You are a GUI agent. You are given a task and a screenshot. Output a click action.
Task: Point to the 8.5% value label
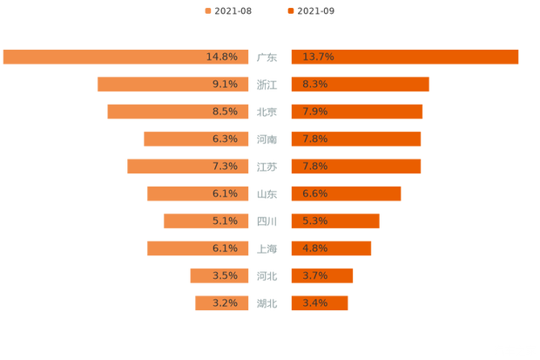225,112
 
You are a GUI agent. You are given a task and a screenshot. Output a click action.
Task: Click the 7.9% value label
315,112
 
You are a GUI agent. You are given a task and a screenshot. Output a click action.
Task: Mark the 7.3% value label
225,166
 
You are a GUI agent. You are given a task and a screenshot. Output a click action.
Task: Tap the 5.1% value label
225,221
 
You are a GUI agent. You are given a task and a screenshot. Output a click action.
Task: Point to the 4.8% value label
315,248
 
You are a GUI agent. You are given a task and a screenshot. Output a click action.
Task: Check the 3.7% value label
315,275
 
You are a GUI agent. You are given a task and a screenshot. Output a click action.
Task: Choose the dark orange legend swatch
290,10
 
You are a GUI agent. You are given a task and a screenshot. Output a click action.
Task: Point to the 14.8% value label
222,57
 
